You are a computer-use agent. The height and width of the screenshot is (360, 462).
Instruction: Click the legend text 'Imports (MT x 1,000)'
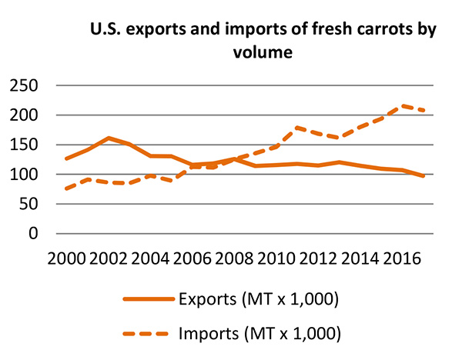pos(258,334)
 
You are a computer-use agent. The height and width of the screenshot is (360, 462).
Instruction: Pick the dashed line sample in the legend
pos(144,335)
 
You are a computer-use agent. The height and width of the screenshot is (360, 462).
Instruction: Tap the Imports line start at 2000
pos(66,188)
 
